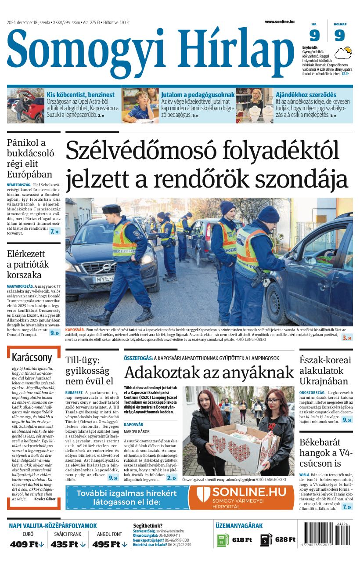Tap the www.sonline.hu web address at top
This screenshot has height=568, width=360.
280,22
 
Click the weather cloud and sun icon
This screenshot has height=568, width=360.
343,54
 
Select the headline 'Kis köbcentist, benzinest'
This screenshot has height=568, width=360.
80,94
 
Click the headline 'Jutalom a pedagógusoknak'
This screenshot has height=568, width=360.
198,94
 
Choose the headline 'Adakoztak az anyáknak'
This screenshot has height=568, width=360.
209,373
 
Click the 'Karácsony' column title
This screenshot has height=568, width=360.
32,357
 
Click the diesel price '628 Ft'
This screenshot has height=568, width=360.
285,540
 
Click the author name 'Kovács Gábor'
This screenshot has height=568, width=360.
45,499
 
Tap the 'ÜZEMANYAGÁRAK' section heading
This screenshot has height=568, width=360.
239,525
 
